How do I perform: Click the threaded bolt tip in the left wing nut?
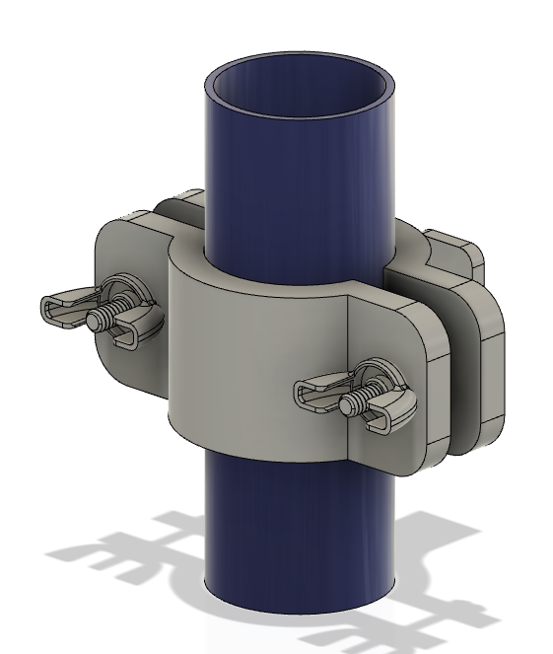click(x=97, y=320)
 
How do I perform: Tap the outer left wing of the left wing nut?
click(x=59, y=308)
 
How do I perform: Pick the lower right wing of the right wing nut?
click(x=387, y=418)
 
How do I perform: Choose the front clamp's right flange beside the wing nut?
click(x=414, y=335)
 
